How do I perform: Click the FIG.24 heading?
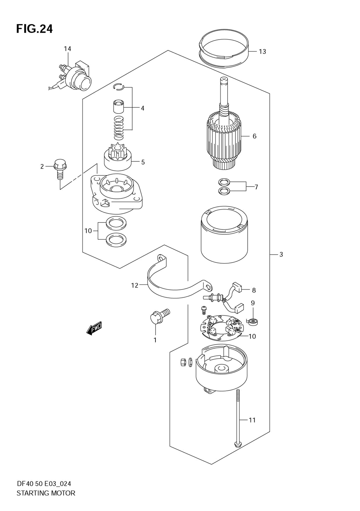35,28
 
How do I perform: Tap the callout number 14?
68,49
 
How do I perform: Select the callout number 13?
262,51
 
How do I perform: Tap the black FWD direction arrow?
94,328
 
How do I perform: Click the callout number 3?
281,255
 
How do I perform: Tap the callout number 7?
256,187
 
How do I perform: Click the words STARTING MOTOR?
46,493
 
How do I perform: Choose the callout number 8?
254,290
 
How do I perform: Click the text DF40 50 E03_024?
46,484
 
